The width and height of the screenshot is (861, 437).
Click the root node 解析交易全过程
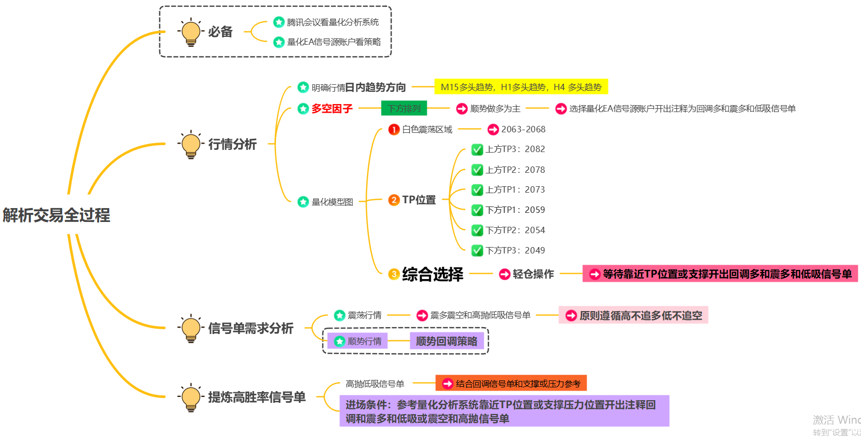(x=56, y=215)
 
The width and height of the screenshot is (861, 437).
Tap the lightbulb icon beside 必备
(x=191, y=32)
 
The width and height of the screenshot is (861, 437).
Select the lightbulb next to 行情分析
(x=191, y=144)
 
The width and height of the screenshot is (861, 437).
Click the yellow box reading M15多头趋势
(x=521, y=87)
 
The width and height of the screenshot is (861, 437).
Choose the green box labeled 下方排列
(x=404, y=108)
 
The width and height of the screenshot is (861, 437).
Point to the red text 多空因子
(x=332, y=109)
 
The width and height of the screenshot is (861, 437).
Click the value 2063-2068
(x=523, y=129)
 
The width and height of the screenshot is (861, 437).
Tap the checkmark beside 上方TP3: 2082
(x=477, y=149)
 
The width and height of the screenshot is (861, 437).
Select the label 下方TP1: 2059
(x=515, y=210)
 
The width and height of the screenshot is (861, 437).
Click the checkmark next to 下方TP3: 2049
(x=477, y=250)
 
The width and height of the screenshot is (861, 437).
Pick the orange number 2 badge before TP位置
(x=394, y=200)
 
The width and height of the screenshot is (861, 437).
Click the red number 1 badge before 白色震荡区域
(x=394, y=129)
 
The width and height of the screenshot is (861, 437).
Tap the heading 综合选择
(x=433, y=274)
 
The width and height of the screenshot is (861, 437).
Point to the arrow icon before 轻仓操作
(x=505, y=274)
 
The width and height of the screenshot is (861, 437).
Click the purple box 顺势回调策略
(x=446, y=341)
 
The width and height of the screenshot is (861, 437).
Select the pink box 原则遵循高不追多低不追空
(x=633, y=315)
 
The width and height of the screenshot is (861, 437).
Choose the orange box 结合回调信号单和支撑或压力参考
(x=511, y=384)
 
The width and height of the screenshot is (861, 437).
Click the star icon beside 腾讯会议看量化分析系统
(x=279, y=22)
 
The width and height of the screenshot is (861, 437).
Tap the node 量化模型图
(x=332, y=202)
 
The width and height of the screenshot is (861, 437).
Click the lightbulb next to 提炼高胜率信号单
(x=191, y=397)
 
